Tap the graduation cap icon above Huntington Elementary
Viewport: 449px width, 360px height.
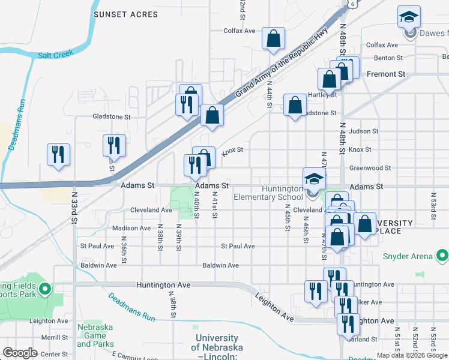point(313,179)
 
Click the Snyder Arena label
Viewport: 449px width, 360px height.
point(408,257)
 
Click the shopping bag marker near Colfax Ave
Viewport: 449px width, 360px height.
point(273,39)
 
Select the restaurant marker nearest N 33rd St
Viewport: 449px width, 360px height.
point(59,154)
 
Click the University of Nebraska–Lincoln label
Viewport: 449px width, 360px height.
point(217,347)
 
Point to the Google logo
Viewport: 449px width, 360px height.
point(20,353)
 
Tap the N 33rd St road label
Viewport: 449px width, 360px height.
point(74,208)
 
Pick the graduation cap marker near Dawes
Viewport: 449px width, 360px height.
point(409,17)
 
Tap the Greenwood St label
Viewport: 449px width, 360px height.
point(370,168)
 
